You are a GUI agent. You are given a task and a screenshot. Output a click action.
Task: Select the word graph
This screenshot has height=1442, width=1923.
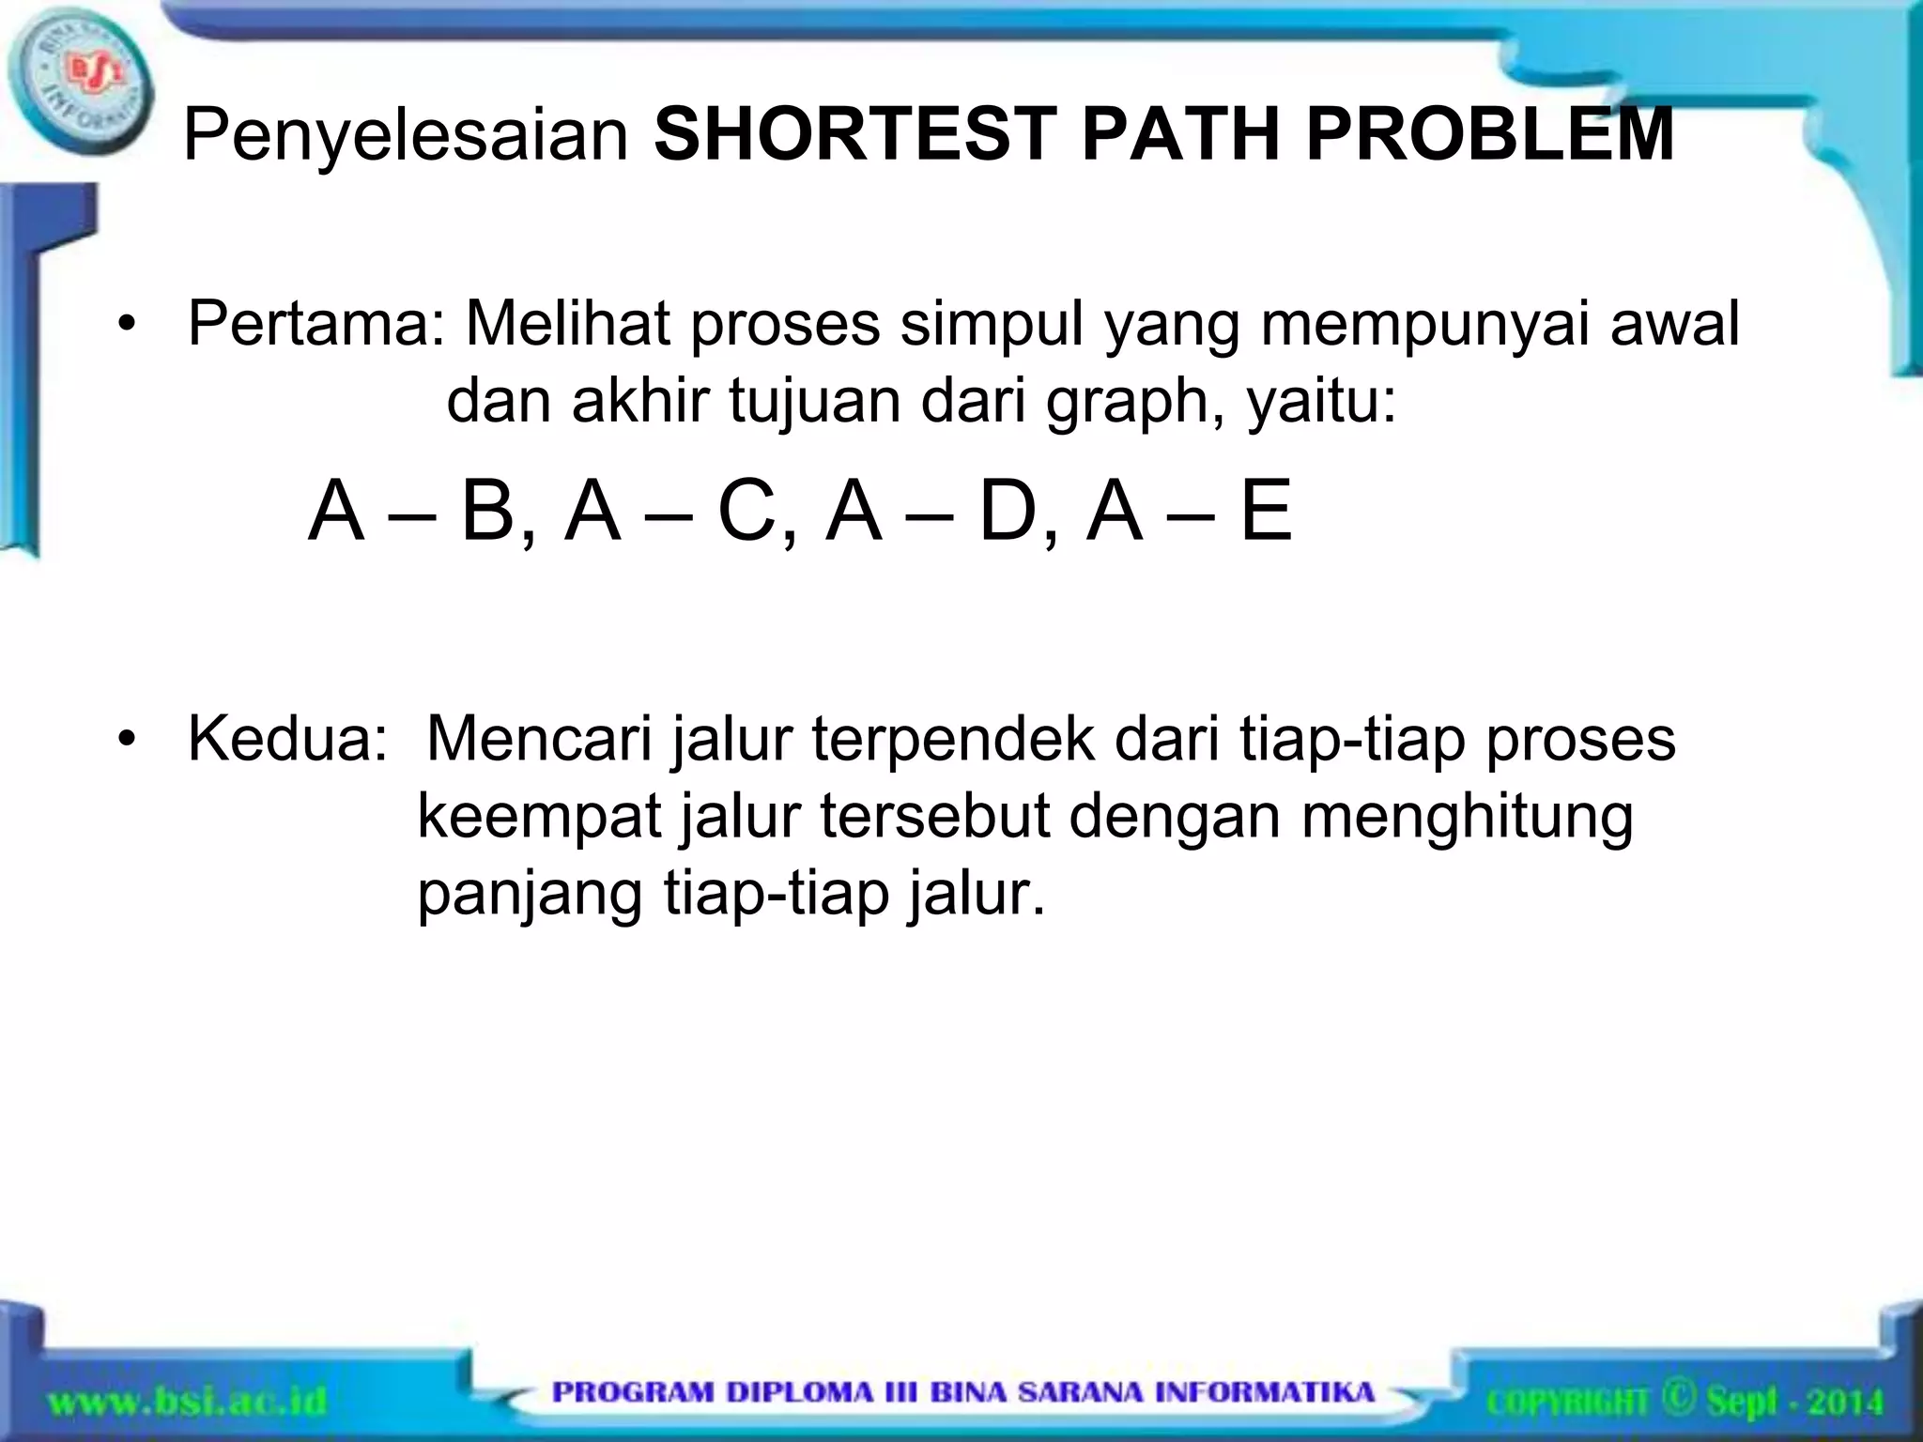coord(1135,402)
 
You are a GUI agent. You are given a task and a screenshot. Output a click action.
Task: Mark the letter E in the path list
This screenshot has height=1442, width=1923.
coord(1267,512)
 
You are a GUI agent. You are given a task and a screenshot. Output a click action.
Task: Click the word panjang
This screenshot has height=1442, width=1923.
coord(530,894)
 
